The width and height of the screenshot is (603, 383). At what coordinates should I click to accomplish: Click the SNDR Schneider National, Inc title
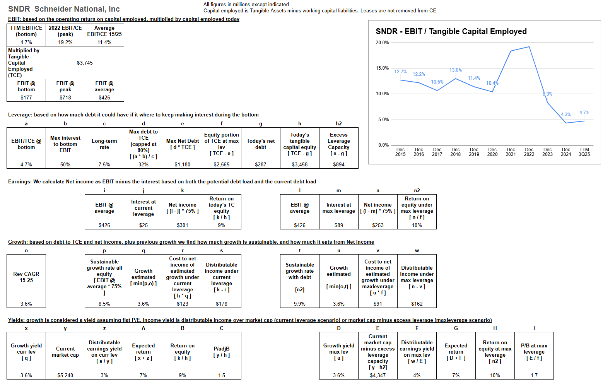click(64, 9)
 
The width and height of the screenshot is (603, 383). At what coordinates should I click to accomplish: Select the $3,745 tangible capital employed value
click(85, 63)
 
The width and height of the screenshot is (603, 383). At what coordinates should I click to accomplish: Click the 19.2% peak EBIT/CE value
click(65, 42)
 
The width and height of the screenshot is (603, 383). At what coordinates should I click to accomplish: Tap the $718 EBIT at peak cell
click(65, 97)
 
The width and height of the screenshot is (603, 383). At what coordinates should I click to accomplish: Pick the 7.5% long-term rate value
click(104, 164)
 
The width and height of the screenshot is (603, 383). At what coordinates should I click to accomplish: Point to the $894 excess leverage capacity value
click(338, 164)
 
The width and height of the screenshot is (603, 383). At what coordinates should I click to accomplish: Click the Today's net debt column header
click(261, 144)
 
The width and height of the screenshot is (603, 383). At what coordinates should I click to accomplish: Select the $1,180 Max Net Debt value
click(183, 164)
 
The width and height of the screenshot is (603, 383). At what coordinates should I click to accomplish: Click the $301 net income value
click(183, 225)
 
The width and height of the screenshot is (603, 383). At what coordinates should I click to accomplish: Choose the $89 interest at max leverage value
click(338, 225)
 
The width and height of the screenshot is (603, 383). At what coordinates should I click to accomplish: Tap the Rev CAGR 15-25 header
click(26, 277)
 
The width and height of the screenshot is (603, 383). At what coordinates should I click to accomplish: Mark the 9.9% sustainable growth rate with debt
click(299, 304)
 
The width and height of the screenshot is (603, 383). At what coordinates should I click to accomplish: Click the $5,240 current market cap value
click(65, 375)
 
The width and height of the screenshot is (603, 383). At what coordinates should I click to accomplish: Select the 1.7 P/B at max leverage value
click(534, 375)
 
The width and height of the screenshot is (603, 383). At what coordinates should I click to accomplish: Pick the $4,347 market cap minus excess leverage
click(378, 375)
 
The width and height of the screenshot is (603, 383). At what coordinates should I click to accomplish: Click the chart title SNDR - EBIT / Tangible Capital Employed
click(451, 31)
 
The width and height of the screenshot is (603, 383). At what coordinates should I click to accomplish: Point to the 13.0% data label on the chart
click(456, 70)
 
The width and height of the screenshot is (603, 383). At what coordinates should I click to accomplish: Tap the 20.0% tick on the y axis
click(382, 43)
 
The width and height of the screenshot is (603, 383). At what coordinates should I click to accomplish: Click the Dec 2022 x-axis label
click(529, 152)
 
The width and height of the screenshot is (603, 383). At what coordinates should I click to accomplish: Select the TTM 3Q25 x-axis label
click(584, 152)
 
